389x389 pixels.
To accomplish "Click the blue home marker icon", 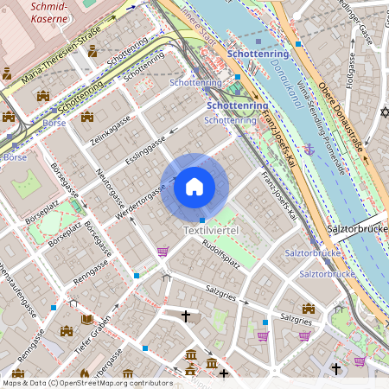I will pos(194,186).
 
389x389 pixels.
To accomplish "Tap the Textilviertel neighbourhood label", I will pos(210,231).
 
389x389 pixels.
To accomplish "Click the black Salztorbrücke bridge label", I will pos(357,231).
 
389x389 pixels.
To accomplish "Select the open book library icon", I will pos(86,319).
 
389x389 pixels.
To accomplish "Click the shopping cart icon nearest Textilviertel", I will pos(163,252).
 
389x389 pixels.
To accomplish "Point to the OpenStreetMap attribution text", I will pos(87,382).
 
